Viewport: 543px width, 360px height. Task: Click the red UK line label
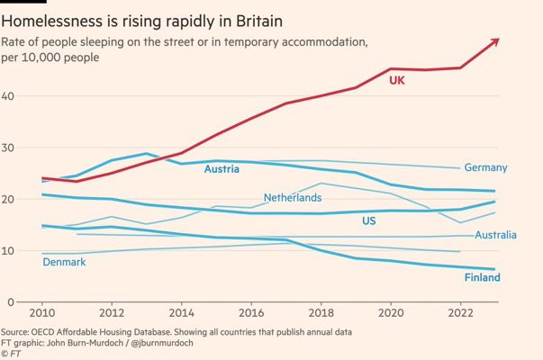[397, 81]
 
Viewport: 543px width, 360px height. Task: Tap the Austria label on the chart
[222, 169]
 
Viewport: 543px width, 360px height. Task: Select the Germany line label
[485, 167]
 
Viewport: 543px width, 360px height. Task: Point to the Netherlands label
[292, 197]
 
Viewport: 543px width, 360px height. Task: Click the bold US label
[369, 220]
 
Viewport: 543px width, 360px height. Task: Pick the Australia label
[495, 235]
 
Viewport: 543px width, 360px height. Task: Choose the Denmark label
[65, 261]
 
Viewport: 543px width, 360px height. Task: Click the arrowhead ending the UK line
[495, 40]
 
